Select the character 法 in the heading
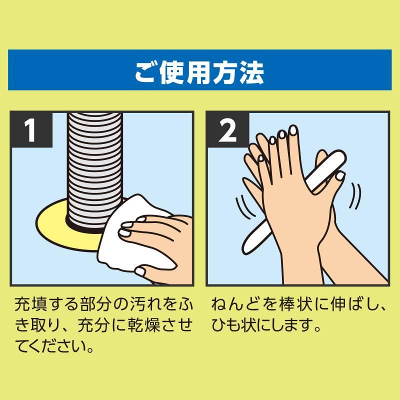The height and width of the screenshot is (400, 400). point(252,71)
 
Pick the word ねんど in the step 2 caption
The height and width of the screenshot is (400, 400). point(233,304)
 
